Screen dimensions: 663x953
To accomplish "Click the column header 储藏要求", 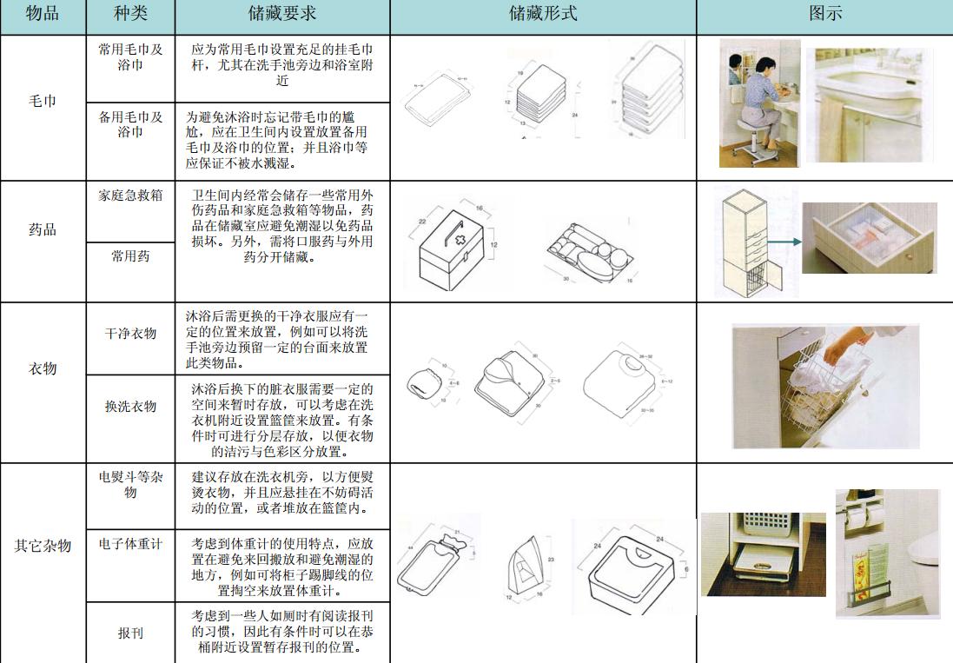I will [x=282, y=15].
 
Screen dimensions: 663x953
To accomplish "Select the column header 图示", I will [x=824, y=15].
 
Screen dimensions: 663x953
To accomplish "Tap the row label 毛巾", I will [x=43, y=102].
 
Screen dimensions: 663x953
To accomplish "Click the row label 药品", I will [x=43, y=230].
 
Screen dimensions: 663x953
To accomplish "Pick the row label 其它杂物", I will [x=43, y=546].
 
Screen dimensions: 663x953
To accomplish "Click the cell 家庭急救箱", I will [x=130, y=196].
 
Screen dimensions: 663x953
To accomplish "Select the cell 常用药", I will [x=130, y=256].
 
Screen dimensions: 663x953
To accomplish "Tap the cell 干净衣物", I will [x=130, y=333].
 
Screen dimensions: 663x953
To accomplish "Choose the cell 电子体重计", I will [x=130, y=544].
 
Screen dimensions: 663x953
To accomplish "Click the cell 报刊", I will [x=130, y=633].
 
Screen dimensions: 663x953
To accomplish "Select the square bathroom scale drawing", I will [x=630, y=569].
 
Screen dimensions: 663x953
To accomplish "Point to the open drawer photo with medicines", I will [x=869, y=239].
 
